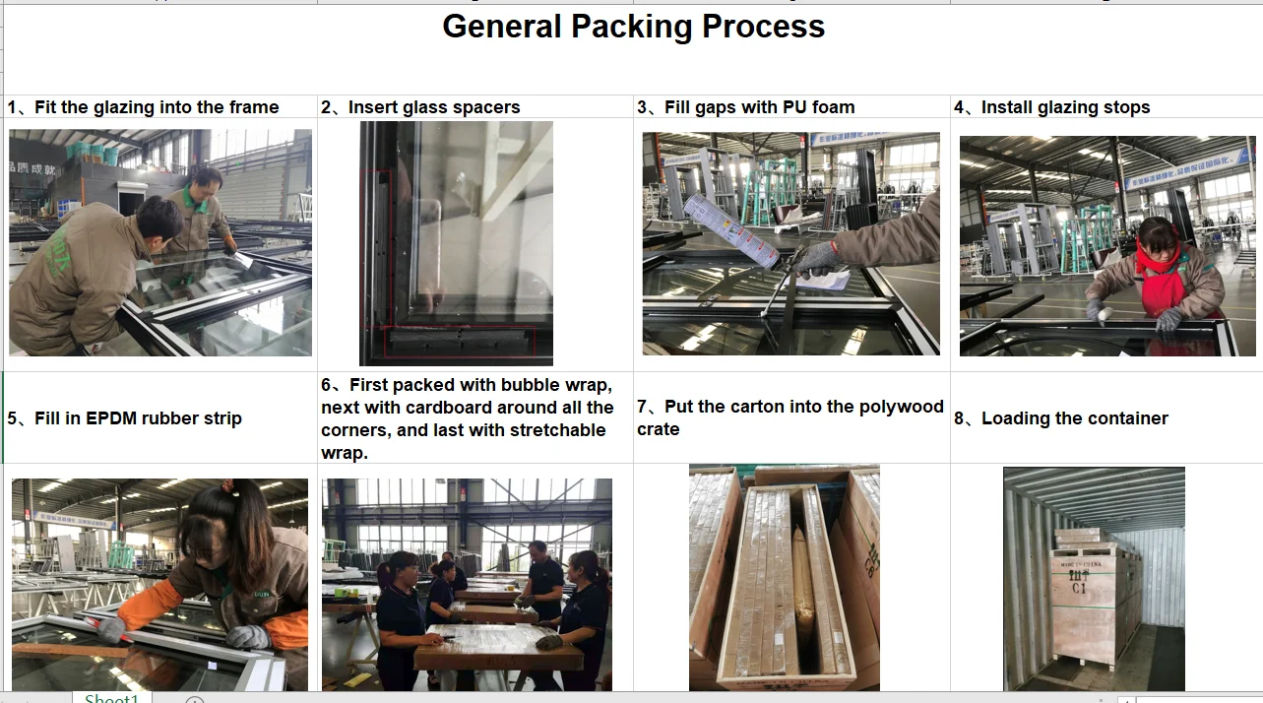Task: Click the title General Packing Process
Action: pos(633,27)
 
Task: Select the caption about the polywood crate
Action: pos(790,417)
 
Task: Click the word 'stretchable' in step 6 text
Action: pos(557,430)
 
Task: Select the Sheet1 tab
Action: pos(111,697)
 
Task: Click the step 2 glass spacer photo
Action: pos(456,243)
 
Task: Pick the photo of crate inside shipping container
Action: pos(1094,578)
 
